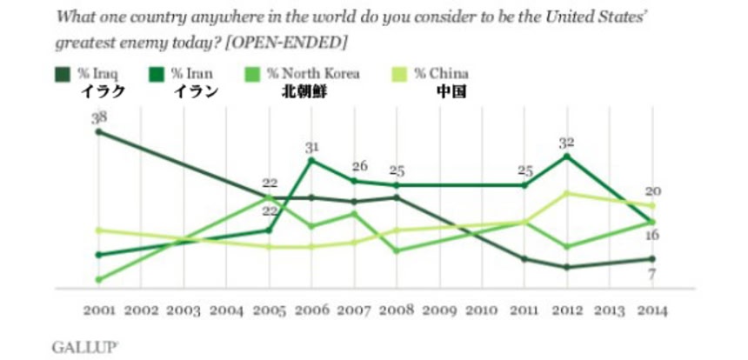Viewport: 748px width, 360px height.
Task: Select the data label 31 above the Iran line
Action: [x=312, y=148]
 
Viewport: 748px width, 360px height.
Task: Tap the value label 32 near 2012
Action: [x=567, y=143]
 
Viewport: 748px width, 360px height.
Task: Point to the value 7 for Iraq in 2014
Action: [x=652, y=275]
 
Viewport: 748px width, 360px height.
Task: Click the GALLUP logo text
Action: [x=84, y=346]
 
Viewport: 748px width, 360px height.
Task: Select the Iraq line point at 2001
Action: [x=97, y=131]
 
